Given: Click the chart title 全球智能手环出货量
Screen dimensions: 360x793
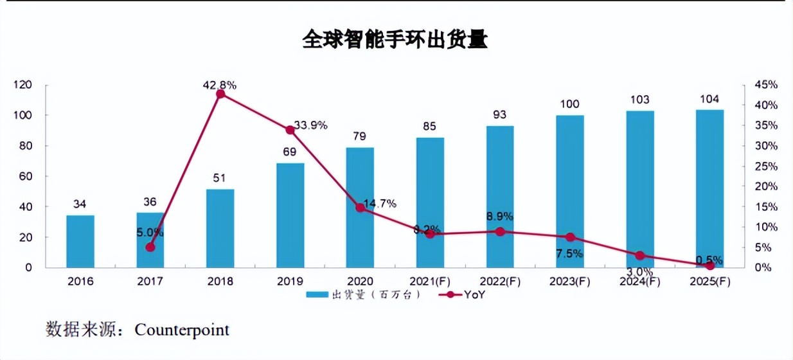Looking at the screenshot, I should (x=395, y=40).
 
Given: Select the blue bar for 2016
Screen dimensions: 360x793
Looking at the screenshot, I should (x=80, y=241).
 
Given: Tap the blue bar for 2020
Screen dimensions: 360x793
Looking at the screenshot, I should (x=360, y=207).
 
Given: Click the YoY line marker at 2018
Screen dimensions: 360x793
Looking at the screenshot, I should (x=220, y=94).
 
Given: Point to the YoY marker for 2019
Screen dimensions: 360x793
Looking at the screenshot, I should (x=290, y=130).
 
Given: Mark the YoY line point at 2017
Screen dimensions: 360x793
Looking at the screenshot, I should (x=150, y=247).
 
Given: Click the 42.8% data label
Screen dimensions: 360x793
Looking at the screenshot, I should (x=220, y=84).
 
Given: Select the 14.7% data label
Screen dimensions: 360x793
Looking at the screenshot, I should (x=379, y=204).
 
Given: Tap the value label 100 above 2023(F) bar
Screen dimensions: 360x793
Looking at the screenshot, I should (x=569, y=104).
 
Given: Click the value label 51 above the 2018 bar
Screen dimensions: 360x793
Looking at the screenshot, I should (x=220, y=178).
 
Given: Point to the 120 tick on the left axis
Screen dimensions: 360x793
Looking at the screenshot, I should (x=24, y=85).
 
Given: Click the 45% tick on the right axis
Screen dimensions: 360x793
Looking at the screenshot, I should (x=767, y=85).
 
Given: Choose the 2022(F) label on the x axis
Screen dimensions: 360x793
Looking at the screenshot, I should (x=499, y=282).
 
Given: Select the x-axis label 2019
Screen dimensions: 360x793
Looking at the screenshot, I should (x=290, y=282).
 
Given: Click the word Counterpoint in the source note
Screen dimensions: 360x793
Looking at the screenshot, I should (x=182, y=330).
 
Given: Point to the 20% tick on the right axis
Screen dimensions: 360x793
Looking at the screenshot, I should (x=767, y=186).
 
